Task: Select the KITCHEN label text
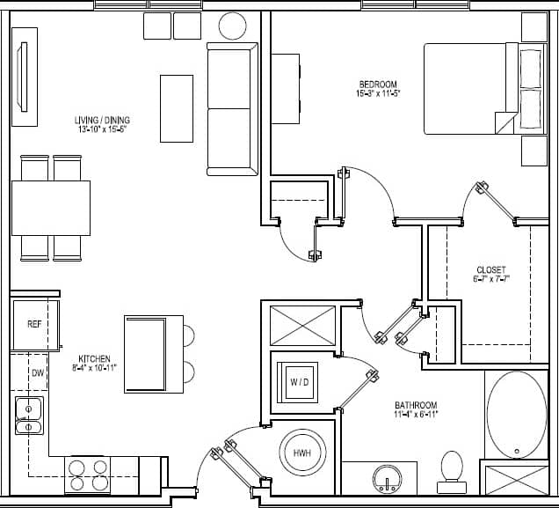point(94,358)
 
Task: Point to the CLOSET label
point(490,269)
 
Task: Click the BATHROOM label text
point(416,405)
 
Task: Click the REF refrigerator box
point(34,324)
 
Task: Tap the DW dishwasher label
point(36,373)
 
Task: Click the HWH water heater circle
point(301,453)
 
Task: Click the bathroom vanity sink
point(387,480)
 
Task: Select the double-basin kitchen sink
point(29,416)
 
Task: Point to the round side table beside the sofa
point(232,26)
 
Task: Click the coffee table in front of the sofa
point(176,107)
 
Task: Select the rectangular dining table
point(51,208)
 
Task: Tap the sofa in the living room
point(229,108)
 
